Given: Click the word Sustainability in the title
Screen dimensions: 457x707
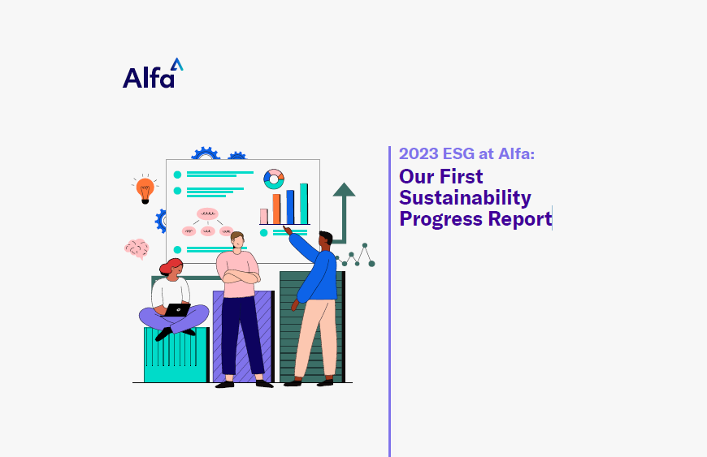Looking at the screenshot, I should [465, 198].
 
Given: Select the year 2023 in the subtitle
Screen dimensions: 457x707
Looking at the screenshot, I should [419, 155].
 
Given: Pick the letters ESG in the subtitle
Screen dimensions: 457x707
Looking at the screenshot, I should [460, 155].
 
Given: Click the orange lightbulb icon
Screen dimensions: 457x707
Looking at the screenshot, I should [145, 190].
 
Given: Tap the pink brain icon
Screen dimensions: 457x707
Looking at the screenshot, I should [137, 248].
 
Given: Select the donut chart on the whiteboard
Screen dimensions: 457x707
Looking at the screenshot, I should [274, 179].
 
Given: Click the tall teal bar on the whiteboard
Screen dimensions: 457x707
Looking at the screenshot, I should [303, 203].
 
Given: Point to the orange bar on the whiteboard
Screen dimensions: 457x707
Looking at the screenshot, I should [276, 209].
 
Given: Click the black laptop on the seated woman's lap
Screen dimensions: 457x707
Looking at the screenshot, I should [176, 309].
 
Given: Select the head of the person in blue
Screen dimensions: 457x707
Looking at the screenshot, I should [325, 240].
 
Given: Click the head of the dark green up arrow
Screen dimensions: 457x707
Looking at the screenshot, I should [344, 190].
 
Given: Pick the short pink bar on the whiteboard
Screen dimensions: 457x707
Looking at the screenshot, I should [263, 216].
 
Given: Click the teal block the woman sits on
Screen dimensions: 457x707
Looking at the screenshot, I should [175, 357].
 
